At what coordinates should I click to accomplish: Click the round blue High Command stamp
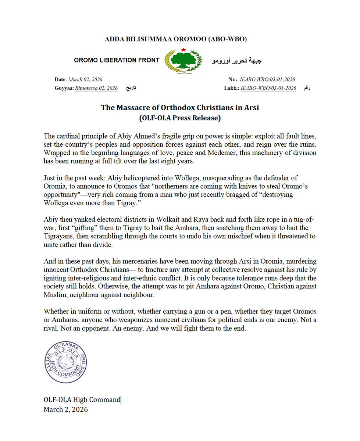coord(67,363)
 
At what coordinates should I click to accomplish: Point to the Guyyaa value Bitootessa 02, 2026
coord(96,88)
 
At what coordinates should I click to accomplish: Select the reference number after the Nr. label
coord(267,79)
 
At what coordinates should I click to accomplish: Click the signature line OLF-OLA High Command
coord(82,399)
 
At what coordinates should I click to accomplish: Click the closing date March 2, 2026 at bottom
coord(65,409)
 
